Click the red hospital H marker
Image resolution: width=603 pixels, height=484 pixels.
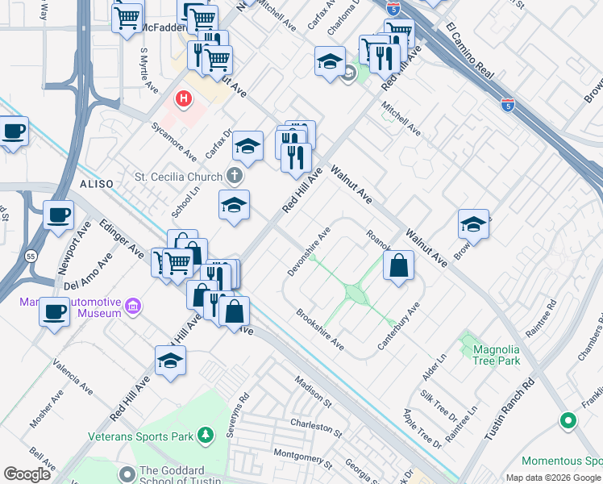point(184,99)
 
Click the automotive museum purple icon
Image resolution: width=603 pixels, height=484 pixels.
point(134,307)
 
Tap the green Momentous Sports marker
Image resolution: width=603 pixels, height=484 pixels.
point(568,420)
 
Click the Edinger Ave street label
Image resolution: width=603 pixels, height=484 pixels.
point(122,237)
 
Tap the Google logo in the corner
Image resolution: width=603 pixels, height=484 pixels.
point(28,474)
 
